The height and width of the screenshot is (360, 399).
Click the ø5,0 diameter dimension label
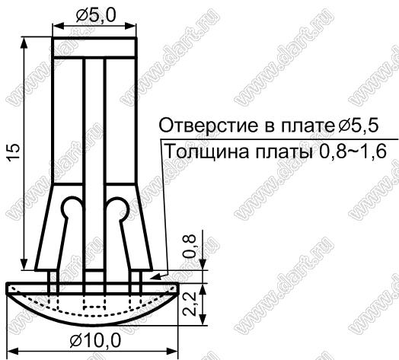tap(96, 14)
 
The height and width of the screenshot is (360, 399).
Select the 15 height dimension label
tap(14, 152)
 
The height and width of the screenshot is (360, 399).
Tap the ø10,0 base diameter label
tap(95, 340)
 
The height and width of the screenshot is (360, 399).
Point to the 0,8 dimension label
tap(190, 246)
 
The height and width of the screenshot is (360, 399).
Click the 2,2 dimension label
tap(190, 304)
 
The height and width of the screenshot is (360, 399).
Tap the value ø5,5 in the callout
tap(358, 125)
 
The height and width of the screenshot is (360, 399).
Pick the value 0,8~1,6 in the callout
tap(353, 152)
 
